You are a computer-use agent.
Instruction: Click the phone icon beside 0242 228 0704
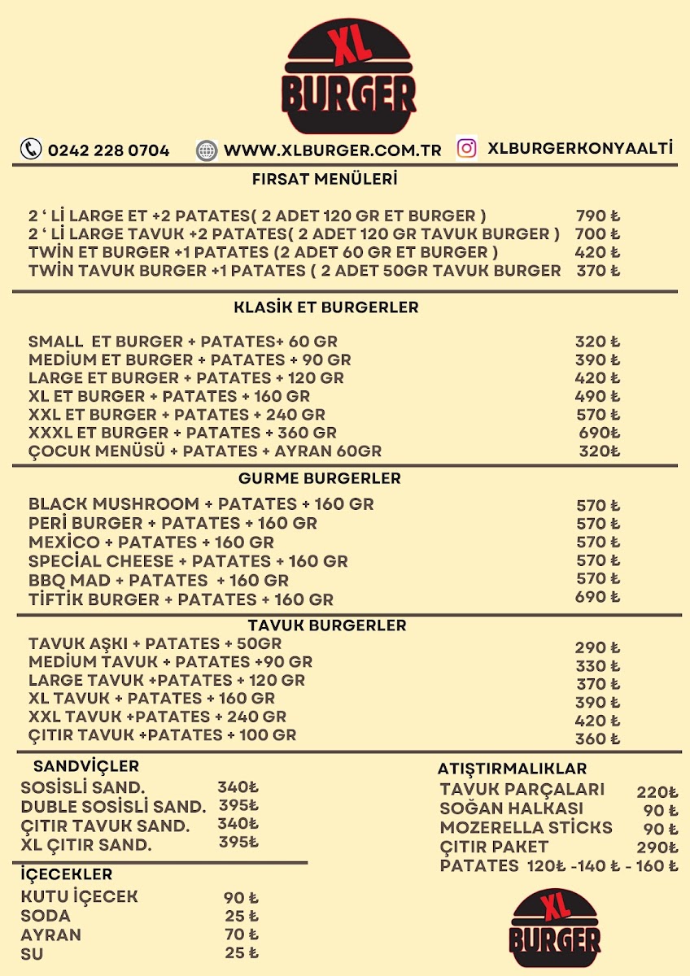coord(31,149)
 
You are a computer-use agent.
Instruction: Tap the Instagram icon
coord(466,148)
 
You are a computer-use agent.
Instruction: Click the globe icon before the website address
coord(207,150)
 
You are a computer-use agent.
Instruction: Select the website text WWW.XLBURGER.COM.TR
coord(332,150)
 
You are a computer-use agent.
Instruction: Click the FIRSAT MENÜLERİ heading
coord(325,179)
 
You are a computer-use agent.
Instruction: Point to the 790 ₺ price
coord(597,216)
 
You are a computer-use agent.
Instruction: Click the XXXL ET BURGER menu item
coord(182,433)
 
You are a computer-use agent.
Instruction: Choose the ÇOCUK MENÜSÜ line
coord(204,451)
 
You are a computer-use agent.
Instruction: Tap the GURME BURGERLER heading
coord(319,478)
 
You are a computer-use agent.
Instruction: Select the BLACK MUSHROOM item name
coord(113,504)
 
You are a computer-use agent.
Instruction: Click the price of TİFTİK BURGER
coord(597,598)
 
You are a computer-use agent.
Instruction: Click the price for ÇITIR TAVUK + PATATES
coord(597,739)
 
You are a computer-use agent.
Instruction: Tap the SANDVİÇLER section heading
coord(86,766)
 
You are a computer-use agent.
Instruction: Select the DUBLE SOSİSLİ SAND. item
coord(113,807)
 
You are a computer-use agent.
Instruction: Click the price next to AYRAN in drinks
coord(241,935)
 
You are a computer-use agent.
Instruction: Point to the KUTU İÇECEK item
coord(79,897)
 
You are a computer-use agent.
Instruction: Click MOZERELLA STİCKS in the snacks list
coord(526,828)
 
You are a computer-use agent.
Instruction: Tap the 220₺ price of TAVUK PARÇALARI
coord(657,791)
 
